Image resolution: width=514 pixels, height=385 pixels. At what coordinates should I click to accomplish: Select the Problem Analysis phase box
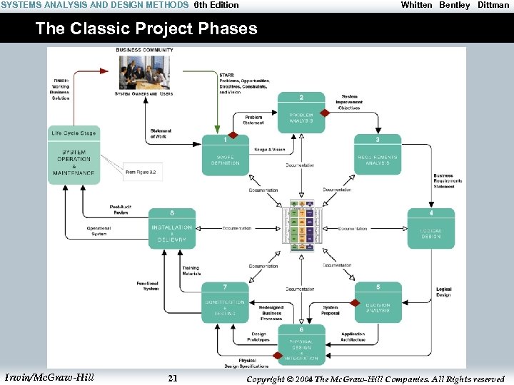301,113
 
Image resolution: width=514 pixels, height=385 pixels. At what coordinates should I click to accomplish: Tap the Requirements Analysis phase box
378,156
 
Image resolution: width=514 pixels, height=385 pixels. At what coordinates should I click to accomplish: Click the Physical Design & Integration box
301,345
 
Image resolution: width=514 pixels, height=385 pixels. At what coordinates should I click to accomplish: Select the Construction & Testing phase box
225,302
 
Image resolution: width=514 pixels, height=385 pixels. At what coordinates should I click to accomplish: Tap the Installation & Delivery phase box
171,229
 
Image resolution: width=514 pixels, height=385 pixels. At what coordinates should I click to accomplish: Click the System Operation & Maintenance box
74,162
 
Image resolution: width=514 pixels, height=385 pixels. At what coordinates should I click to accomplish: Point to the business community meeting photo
144,71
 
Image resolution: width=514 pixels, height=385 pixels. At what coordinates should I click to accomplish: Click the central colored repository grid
301,225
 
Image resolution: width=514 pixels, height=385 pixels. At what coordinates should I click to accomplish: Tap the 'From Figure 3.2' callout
141,172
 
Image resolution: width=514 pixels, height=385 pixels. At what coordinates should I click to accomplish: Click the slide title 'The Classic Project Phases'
146,29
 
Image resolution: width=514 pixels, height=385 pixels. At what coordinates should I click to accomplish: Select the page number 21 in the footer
172,378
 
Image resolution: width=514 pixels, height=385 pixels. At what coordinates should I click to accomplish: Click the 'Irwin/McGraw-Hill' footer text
49,377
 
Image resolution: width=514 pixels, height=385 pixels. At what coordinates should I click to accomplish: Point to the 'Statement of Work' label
161,134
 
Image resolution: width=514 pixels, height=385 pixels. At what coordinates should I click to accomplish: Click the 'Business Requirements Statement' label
448,181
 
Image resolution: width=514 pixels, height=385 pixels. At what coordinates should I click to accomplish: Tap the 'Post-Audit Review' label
119,209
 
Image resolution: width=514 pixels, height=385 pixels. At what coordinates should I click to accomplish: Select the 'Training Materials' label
191,271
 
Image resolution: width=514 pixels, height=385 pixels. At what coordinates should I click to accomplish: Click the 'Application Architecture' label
353,337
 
